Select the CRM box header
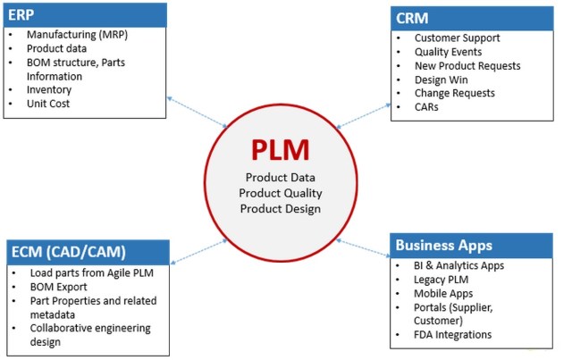[473, 18]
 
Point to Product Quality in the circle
[282, 193]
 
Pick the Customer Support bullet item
[457, 38]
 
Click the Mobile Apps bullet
[443, 293]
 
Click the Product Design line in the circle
[282, 208]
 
